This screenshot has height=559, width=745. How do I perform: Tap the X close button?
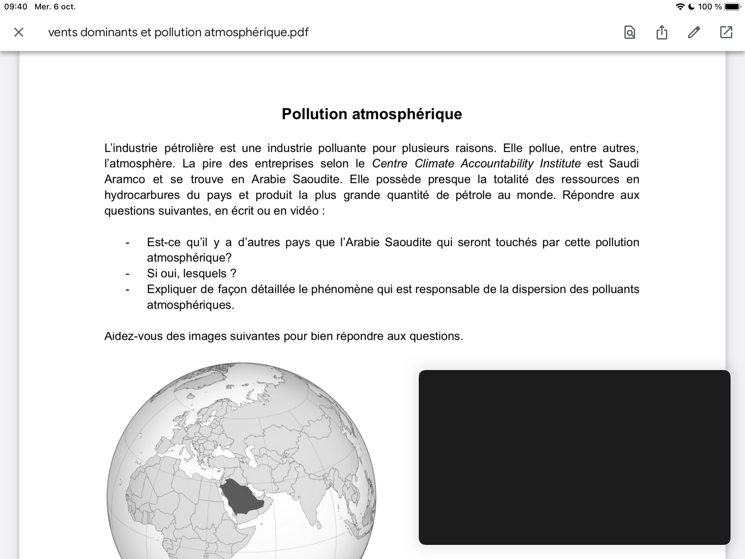[x=19, y=33]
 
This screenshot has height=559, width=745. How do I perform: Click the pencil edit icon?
[x=694, y=33]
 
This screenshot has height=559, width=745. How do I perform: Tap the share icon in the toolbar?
[x=662, y=33]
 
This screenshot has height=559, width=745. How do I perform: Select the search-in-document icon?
[x=629, y=33]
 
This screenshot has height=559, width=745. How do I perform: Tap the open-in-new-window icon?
[x=726, y=33]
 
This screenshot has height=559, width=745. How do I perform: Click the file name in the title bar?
[x=178, y=33]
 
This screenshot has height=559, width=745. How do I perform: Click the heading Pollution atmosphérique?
[x=372, y=114]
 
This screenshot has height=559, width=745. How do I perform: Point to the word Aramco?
[x=125, y=179]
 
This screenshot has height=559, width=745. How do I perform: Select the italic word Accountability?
[x=497, y=164]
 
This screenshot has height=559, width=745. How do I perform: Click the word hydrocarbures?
[x=142, y=195]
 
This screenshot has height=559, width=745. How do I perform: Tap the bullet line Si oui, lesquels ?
[x=191, y=273]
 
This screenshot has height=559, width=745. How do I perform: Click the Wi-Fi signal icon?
[x=680, y=7]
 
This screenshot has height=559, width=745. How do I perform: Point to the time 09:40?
[x=15, y=7]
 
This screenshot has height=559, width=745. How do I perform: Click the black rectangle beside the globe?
[x=574, y=457]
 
